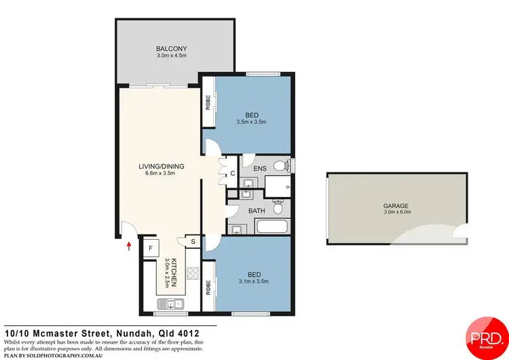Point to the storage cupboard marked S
[x=192, y=241]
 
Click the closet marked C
[x=232, y=173]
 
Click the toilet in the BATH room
[x=277, y=202]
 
